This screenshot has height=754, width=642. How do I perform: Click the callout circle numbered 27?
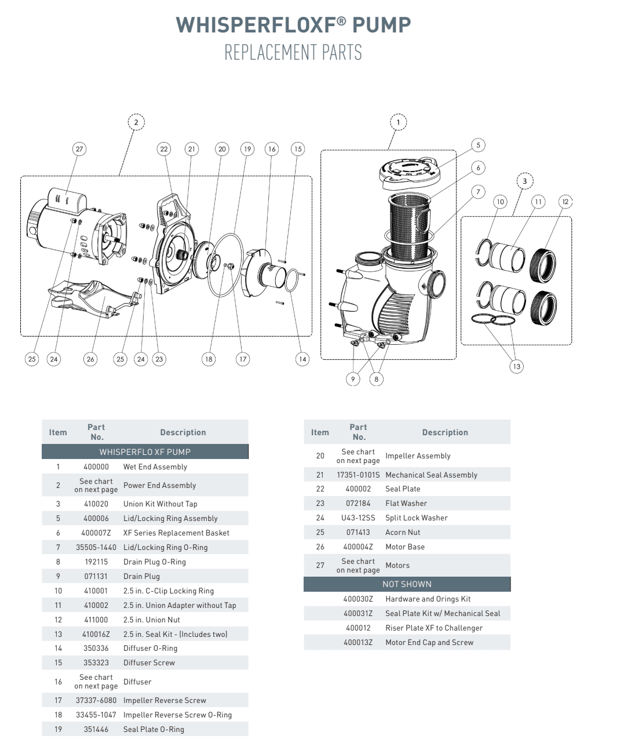pyautogui.click(x=79, y=149)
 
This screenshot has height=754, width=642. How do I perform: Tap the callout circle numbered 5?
pyautogui.click(x=478, y=145)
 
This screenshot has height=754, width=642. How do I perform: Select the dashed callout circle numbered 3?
pyautogui.click(x=524, y=181)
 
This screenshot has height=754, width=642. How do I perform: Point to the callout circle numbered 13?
pyautogui.click(x=516, y=366)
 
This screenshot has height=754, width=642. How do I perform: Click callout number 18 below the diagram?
pyautogui.click(x=209, y=359)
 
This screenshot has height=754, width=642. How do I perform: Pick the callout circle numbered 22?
pyautogui.click(x=164, y=149)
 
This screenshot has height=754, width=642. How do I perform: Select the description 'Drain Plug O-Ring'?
pyautogui.click(x=155, y=562)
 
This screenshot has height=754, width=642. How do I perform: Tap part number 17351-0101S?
pyautogui.click(x=358, y=475)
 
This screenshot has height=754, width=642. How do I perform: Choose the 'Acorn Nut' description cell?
pyautogui.click(x=403, y=532)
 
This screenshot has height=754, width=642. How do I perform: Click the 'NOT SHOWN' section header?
pyautogui.click(x=407, y=584)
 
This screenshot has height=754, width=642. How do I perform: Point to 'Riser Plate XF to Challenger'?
pyautogui.click(x=433, y=628)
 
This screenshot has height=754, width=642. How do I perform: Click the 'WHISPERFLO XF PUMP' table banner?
pyautogui.click(x=145, y=451)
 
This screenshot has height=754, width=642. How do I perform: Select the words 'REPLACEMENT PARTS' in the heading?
pyautogui.click(x=293, y=53)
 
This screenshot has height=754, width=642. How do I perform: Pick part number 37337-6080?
pyautogui.click(x=96, y=700)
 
